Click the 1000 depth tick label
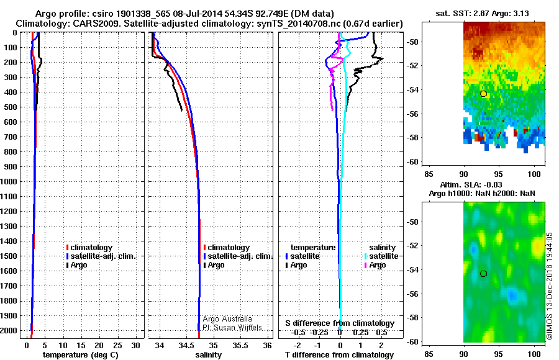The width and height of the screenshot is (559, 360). pos(10,182)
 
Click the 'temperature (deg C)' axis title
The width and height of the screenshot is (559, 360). pos(84,355)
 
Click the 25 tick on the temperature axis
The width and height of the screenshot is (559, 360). pos(117,344)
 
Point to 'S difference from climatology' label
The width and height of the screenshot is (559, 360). pos(340,323)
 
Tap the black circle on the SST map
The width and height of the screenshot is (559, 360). pos(483,94)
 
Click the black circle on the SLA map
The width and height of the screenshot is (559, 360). pos(483,273)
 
